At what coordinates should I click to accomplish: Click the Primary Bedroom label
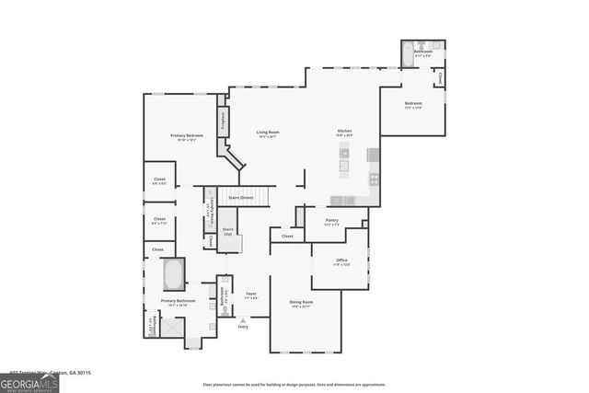187,135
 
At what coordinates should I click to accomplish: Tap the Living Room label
268,133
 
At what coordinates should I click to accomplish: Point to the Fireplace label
223,120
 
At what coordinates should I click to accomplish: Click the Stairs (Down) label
241,196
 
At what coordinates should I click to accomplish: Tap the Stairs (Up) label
227,231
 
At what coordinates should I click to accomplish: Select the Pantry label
332,220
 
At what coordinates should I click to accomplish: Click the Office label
341,260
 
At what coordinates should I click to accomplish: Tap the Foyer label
250,295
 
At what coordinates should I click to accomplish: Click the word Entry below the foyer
243,327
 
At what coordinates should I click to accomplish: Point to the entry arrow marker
243,319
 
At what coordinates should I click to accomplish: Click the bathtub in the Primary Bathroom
173,274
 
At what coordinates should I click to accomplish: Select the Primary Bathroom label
178,301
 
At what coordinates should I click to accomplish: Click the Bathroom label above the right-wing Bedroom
422,52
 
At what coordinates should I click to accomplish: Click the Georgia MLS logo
29,382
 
